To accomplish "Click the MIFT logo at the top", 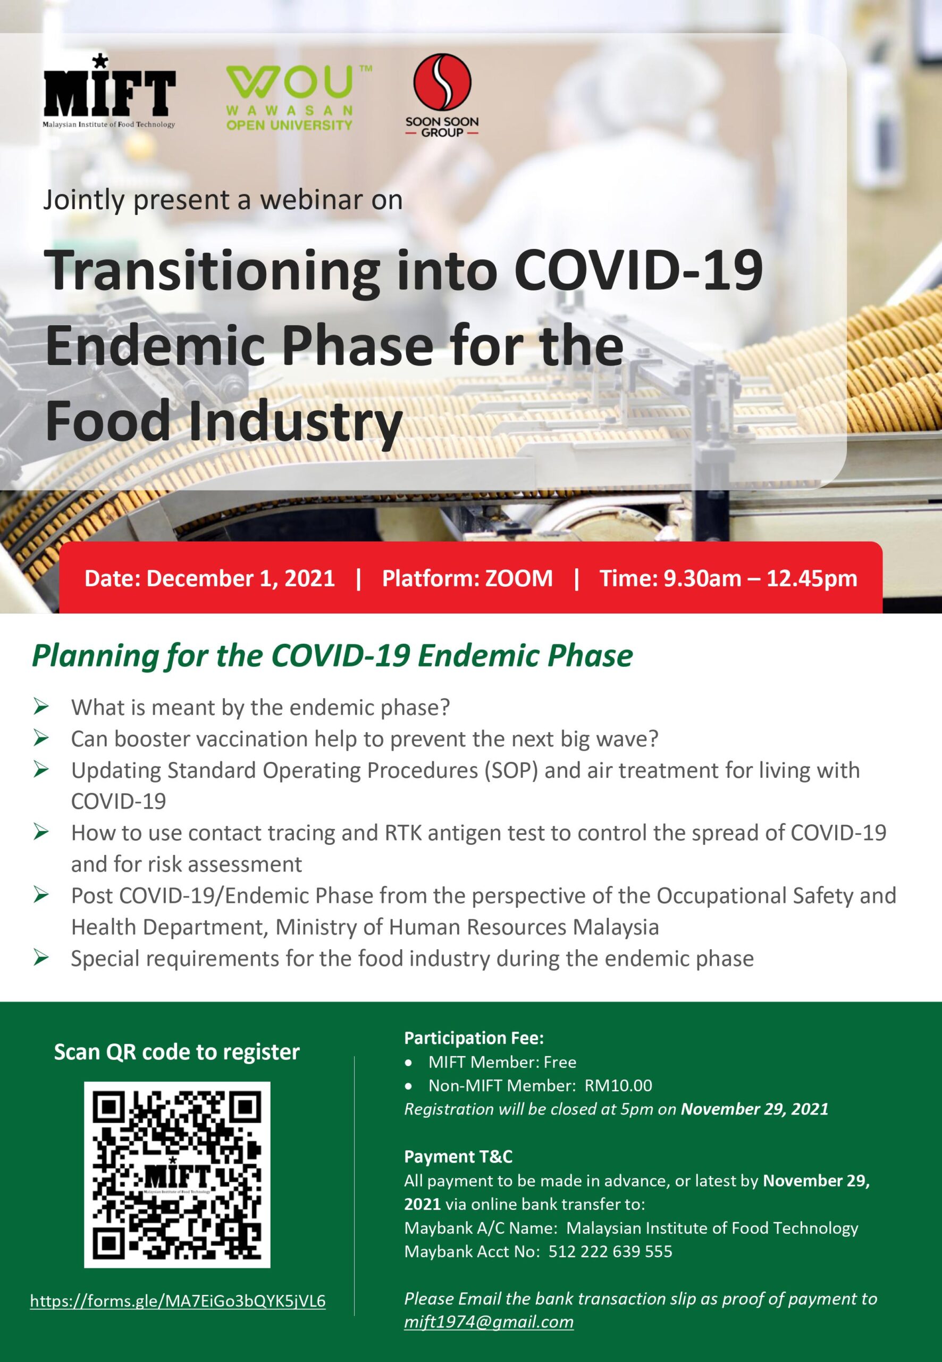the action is click(x=109, y=91).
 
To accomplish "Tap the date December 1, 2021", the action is click(x=240, y=578).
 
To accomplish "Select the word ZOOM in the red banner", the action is click(x=519, y=578).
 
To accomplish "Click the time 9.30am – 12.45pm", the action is click(x=760, y=578).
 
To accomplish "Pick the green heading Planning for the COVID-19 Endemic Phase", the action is click(x=332, y=655).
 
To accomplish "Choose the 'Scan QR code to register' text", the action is click(x=177, y=1052).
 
